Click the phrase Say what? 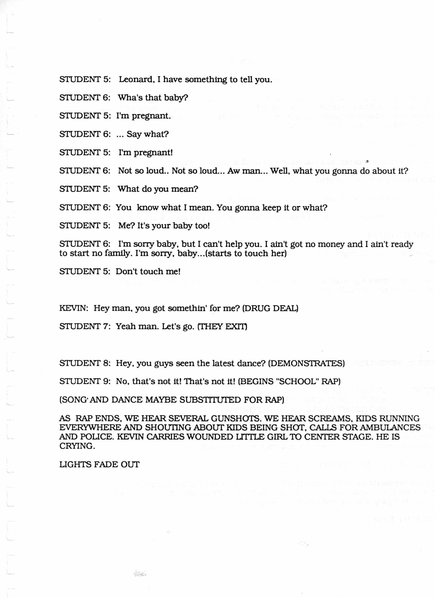point(148,134)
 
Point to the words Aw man point(243,171)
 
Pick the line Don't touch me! point(148,272)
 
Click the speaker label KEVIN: point(73,308)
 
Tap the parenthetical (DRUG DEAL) point(270,308)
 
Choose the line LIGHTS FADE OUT point(99,464)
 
